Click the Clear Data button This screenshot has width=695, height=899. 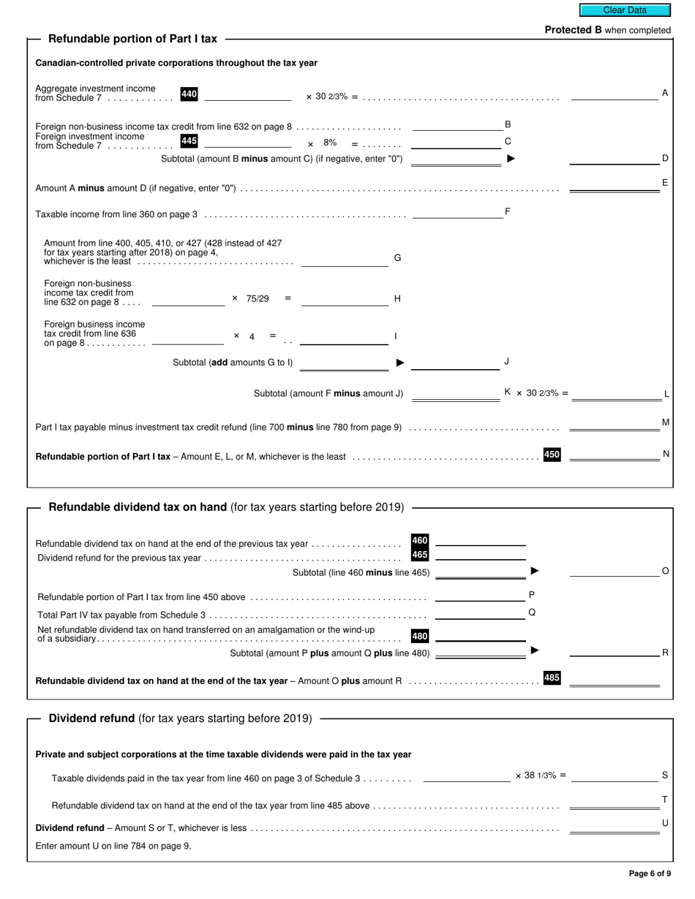coord(624,10)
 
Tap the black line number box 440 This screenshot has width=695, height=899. coord(189,94)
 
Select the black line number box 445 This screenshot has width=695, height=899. coord(189,141)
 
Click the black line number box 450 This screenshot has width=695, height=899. coord(552,455)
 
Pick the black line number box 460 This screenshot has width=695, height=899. coord(419,541)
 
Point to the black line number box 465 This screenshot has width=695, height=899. coord(419,555)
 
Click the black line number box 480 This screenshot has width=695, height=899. coord(419,636)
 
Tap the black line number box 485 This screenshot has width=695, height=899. coord(552,678)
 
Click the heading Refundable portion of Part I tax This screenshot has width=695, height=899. coord(132,39)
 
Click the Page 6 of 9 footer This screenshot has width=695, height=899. coord(650,873)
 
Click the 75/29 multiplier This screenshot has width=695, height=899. coord(258,298)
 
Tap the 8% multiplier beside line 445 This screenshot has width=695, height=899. coord(330,143)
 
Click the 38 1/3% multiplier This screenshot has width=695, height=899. coord(540,775)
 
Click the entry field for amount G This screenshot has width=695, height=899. coord(345,260)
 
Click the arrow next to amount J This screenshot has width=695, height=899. coord(400,362)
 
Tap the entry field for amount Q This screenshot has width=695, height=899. coord(480,613)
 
